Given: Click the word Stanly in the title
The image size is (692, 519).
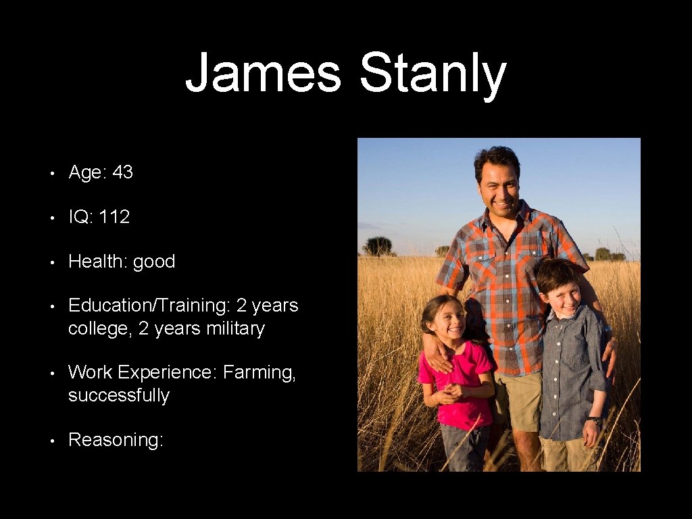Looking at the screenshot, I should pos(432,74).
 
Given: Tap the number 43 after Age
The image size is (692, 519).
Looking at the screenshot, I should pos(123,172).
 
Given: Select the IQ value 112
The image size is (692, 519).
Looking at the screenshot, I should pos(114,217).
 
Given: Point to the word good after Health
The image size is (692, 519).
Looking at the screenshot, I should pos(154,262).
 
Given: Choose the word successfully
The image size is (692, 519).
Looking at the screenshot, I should pos(118,395).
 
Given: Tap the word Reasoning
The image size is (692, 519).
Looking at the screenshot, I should pos(116,440).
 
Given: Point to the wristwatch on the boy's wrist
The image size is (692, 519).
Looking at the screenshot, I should pos(595,421).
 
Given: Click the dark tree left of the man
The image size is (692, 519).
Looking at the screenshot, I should pos(377,246).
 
